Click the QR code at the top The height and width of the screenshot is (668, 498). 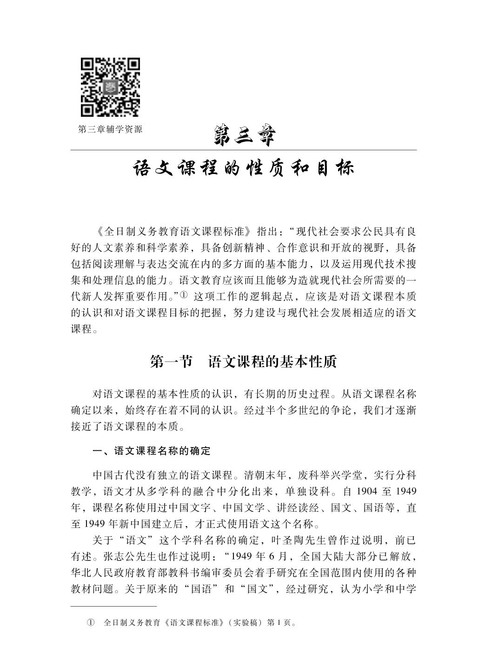click(110, 87)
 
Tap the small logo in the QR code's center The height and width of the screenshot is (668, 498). click(110, 87)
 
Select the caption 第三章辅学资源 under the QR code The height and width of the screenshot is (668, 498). click(110, 129)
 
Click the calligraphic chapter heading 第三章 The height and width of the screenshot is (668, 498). click(244, 135)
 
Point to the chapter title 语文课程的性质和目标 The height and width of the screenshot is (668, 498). click(244, 168)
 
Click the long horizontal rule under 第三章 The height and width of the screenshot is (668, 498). click(244, 150)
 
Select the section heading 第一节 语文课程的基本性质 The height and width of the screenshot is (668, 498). click(243, 361)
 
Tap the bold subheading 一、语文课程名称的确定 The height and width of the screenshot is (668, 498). click(152, 451)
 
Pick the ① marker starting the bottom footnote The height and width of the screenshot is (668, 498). click(91, 622)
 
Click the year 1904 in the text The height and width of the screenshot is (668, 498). click(368, 492)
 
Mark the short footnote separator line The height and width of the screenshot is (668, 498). click(113, 606)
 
